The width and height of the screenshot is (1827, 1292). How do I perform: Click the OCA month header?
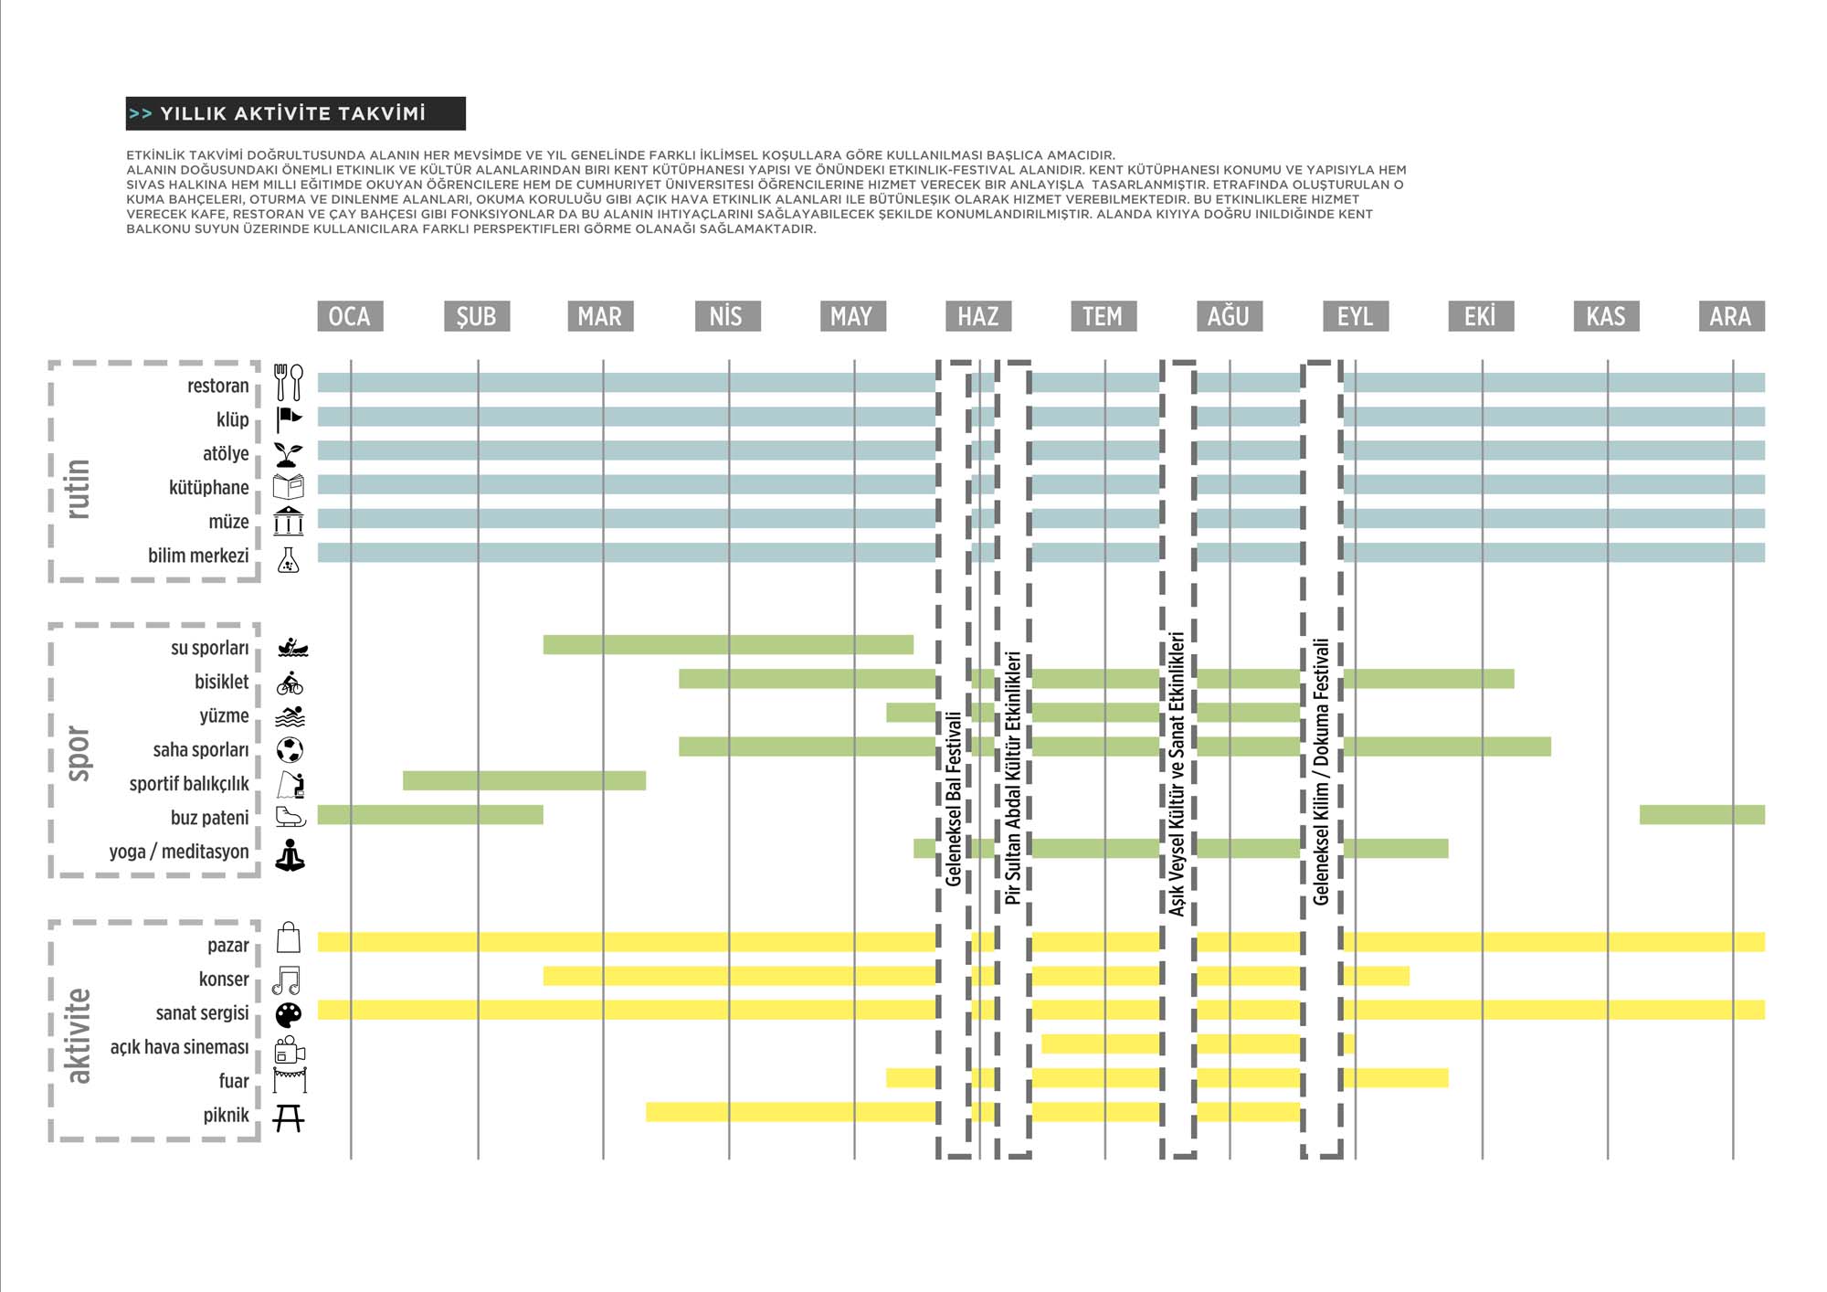click(350, 316)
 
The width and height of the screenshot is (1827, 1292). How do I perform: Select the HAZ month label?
click(977, 316)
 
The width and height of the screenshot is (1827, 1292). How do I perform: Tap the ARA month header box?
click(1731, 316)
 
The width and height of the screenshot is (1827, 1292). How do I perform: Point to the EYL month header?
click(1356, 316)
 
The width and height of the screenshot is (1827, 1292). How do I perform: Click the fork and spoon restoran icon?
click(289, 382)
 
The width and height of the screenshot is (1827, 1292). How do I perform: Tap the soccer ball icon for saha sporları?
click(290, 750)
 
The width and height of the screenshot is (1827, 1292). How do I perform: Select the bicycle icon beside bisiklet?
click(290, 683)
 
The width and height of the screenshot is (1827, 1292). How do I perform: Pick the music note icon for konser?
click(287, 980)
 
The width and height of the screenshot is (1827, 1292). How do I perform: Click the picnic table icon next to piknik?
click(289, 1117)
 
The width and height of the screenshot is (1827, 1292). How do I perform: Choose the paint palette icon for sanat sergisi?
click(289, 1014)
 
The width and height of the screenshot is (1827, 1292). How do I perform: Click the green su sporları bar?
click(728, 645)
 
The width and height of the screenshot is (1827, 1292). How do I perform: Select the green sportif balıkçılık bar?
click(524, 780)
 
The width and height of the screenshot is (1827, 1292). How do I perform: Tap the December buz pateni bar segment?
click(1702, 814)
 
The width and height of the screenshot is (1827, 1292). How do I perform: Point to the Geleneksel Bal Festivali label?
click(954, 799)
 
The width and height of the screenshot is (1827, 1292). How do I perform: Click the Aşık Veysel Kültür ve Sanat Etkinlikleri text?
click(1178, 773)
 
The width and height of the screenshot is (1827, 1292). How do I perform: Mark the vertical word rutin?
click(79, 489)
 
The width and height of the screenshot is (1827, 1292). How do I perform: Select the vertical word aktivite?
click(79, 1035)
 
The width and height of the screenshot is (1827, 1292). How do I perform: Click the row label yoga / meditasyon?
click(179, 852)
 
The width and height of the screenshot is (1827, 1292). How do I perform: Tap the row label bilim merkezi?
click(198, 556)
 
